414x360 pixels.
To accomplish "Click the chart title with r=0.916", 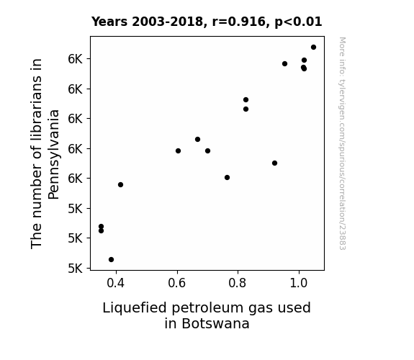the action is pyautogui.click(x=207, y=22).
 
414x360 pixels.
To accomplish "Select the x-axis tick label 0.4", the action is pyautogui.click(x=115, y=283).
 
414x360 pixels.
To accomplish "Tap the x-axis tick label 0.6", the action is pyautogui.click(x=176, y=283).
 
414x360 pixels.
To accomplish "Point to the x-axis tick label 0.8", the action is pyautogui.click(x=238, y=283).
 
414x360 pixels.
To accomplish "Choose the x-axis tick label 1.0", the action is pyautogui.click(x=299, y=283).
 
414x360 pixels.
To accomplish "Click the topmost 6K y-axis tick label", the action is pyautogui.click(x=76, y=59).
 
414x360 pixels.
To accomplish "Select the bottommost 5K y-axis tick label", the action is pyautogui.click(x=76, y=269).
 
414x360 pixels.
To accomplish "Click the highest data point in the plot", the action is pyautogui.click(x=313, y=48).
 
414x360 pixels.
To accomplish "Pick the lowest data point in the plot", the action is pyautogui.click(x=111, y=260).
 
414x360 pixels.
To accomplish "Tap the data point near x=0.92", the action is pyautogui.click(x=274, y=163).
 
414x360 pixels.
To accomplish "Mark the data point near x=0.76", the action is pyautogui.click(x=227, y=178).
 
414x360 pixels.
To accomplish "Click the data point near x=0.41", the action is pyautogui.click(x=120, y=184).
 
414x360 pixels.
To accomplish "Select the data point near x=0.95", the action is pyautogui.click(x=284, y=63).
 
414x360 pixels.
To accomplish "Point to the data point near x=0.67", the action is pyautogui.click(x=197, y=139).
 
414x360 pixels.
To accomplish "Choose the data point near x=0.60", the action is pyautogui.click(x=178, y=150).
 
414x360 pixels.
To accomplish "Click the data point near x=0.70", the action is pyautogui.click(x=207, y=150).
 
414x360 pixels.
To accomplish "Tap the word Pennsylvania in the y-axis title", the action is pyautogui.click(x=53, y=155).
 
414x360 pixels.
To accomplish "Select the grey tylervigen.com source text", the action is pyautogui.click(x=342, y=143).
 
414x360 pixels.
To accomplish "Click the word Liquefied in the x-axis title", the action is pyautogui.click(x=135, y=308).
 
